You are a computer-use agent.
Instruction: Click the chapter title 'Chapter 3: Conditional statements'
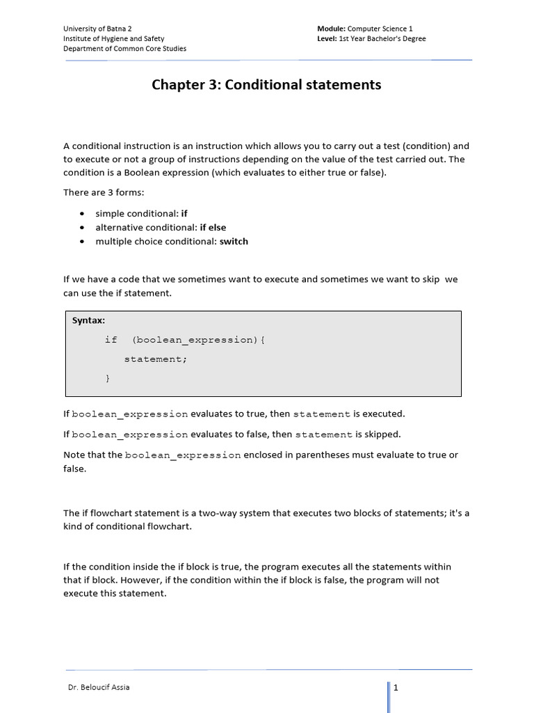[x=266, y=85]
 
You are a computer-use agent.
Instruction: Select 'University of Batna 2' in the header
[x=97, y=29]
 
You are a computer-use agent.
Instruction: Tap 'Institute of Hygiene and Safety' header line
[x=114, y=39]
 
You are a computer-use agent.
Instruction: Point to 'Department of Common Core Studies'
[x=124, y=49]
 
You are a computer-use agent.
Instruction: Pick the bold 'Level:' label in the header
[x=327, y=39]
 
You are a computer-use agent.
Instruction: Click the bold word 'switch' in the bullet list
[x=234, y=242]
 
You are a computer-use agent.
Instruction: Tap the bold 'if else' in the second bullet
[x=213, y=228]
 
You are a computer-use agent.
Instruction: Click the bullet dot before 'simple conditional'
[x=83, y=214]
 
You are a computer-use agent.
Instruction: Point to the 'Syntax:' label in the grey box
[x=89, y=320]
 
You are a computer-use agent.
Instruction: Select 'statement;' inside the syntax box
[x=156, y=359]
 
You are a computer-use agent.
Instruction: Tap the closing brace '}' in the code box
[x=107, y=379]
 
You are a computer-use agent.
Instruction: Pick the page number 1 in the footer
[x=396, y=688]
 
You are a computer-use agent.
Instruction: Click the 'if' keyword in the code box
[x=111, y=340]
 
